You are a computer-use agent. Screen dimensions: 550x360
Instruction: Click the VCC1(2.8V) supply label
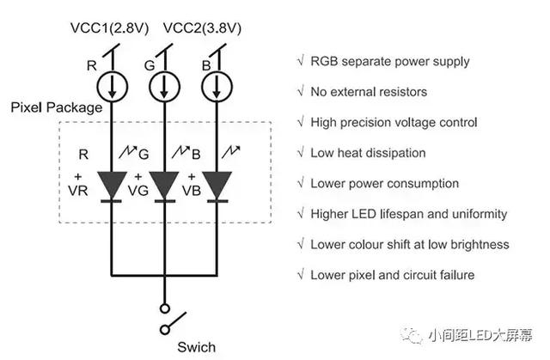point(109,28)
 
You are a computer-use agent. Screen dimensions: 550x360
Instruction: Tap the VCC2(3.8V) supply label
point(203,28)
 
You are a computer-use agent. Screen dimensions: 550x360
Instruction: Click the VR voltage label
point(78,191)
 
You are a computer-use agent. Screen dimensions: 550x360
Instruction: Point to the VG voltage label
point(138,191)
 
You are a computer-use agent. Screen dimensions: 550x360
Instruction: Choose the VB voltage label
point(192,191)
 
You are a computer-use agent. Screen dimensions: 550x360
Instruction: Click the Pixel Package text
point(57,107)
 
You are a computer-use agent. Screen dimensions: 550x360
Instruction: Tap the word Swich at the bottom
point(197,347)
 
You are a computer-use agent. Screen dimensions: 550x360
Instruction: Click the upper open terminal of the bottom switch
point(164,308)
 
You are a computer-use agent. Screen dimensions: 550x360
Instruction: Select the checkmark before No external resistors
point(301,91)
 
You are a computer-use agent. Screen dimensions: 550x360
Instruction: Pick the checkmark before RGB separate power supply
point(301,61)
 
